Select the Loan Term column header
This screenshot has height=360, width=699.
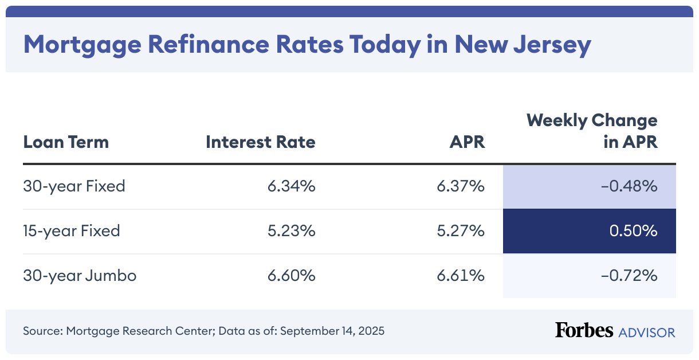coord(66,142)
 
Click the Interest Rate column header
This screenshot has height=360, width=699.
coord(261,142)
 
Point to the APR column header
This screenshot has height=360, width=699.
coord(467,142)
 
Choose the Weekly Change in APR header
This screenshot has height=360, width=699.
coord(592,131)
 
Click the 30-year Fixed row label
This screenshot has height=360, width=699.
coord(74,186)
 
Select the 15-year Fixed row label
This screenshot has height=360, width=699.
coord(72,231)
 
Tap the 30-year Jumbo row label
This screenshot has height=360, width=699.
coord(80,276)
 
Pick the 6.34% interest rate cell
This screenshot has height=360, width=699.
coord(291,186)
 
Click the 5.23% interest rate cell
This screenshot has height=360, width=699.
coord(291,231)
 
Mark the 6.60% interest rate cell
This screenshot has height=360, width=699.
coord(291,276)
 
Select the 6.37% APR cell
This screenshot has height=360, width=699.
coord(461,186)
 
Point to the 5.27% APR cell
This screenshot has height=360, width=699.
coord(461,231)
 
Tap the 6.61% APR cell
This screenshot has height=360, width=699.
coord(461,276)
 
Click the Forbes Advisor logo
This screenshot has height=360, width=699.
coord(615,331)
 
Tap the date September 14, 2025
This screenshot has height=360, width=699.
coord(332,331)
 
